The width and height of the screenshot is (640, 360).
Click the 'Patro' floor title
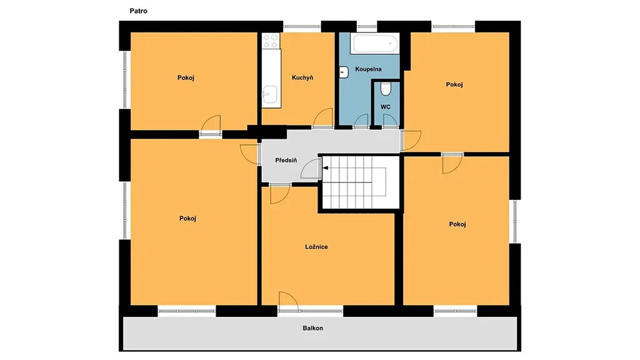pos(138,11)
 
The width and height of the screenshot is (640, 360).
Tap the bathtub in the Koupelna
pos(376,43)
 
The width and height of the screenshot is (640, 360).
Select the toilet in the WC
pos(385,89)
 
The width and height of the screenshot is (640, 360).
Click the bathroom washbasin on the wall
pos(344,72)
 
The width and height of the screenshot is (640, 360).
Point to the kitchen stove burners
pos(270,41)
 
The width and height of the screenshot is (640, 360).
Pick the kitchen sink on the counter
pos(270,95)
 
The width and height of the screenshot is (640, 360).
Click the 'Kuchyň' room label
pos(302,77)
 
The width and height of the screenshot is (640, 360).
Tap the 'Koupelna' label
pos(368,69)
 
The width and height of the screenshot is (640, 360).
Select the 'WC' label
pos(385,107)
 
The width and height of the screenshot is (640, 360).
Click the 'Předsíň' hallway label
pos(286,161)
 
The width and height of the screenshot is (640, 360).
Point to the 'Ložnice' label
pos(316,247)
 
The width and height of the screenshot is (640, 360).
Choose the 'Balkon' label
pos(313,328)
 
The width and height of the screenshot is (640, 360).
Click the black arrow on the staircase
pos(325,167)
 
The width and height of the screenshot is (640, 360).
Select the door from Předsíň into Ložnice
pos(280,194)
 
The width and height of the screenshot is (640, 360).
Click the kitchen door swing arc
pos(323,117)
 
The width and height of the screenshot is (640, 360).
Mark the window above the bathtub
pos(366,26)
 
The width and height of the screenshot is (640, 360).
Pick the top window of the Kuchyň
pos(302,26)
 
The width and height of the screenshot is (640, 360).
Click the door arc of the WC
pos(390,121)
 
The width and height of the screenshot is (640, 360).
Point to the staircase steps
pos(354,182)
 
